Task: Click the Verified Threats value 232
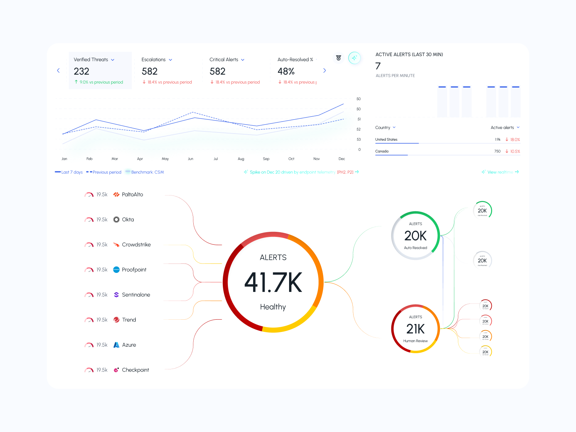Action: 81,71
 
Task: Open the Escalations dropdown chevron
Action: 170,60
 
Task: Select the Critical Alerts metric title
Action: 224,60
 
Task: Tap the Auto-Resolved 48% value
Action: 286,71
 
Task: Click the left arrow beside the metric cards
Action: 58,71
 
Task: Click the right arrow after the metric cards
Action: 324,71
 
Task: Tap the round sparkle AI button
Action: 354,58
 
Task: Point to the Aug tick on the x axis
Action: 241,159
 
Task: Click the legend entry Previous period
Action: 107,172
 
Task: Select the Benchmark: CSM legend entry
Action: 147,172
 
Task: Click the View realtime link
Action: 500,172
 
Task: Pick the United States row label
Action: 386,140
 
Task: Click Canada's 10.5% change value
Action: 515,152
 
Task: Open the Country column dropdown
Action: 394,127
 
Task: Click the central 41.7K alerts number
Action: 273,282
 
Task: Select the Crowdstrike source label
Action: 136,245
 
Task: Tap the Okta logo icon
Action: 116,220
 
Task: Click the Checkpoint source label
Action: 135,370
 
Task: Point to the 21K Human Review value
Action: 415,329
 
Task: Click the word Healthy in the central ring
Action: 273,307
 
